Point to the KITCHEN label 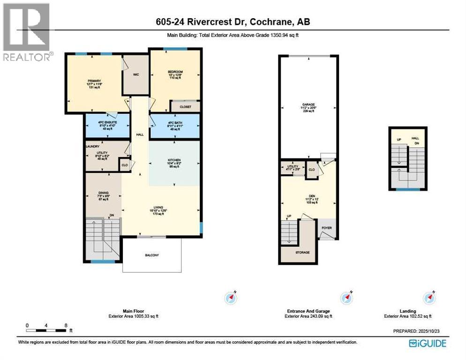click(x=174, y=160)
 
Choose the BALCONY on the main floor click(x=151, y=255)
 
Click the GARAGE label click(x=308, y=105)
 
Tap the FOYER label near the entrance click(x=326, y=228)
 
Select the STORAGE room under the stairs click(x=302, y=252)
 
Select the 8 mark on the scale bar click(x=66, y=325)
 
